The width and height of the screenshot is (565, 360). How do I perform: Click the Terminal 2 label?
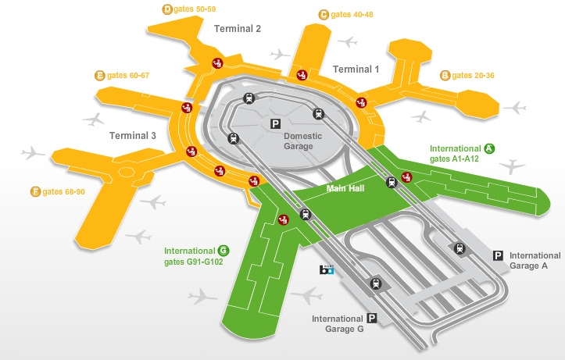coord(238,28)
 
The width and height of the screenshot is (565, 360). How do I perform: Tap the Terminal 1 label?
coord(356,70)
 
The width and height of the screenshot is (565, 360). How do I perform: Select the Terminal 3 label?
coord(133,135)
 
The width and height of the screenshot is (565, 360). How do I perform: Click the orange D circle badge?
coord(167,9)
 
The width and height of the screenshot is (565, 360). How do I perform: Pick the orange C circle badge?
coord(324,15)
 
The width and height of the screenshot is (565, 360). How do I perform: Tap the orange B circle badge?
coord(445,76)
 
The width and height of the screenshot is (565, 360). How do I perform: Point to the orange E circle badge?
coord(99,76)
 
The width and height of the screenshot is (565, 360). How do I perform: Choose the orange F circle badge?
coord(35,191)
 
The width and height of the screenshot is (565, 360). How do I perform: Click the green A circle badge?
coord(489,148)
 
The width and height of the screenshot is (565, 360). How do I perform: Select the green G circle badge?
coord(223,251)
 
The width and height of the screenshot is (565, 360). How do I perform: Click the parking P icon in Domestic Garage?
coord(275,124)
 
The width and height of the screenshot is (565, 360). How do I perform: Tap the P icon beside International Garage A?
coord(498,256)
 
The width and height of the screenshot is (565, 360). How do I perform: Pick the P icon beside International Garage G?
coord(372,319)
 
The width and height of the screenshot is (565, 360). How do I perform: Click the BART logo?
coord(327,269)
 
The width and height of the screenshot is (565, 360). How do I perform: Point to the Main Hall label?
coord(345,188)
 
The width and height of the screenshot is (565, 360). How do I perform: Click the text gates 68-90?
coord(64,192)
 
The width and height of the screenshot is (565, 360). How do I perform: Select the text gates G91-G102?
coord(194,262)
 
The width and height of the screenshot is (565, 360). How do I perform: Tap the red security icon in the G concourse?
coord(284,219)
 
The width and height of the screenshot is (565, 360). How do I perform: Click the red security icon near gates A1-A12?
coord(407,177)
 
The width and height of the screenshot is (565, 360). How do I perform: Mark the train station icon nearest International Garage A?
coord(460,248)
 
